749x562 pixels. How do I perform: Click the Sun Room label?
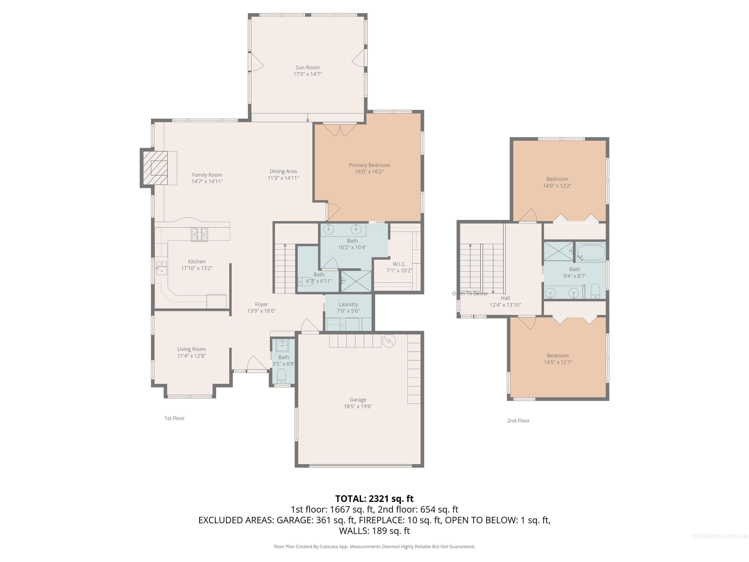click(x=307, y=67)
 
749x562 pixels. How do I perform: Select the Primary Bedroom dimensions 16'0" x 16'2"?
click(x=369, y=172)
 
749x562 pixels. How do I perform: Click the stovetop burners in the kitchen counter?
click(x=199, y=234)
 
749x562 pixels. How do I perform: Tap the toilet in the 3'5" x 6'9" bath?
click(x=281, y=375)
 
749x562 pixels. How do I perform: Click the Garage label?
click(x=358, y=400)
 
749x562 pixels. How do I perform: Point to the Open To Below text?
click(x=470, y=293)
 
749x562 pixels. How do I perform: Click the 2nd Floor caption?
click(x=518, y=420)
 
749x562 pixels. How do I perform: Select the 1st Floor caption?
click(x=174, y=418)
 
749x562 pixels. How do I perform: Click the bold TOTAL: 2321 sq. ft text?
click(x=374, y=499)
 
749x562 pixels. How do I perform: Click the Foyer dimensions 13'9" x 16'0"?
click(x=261, y=311)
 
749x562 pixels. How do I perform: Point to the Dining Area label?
click(x=283, y=171)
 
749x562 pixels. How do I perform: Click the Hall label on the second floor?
click(x=505, y=298)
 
